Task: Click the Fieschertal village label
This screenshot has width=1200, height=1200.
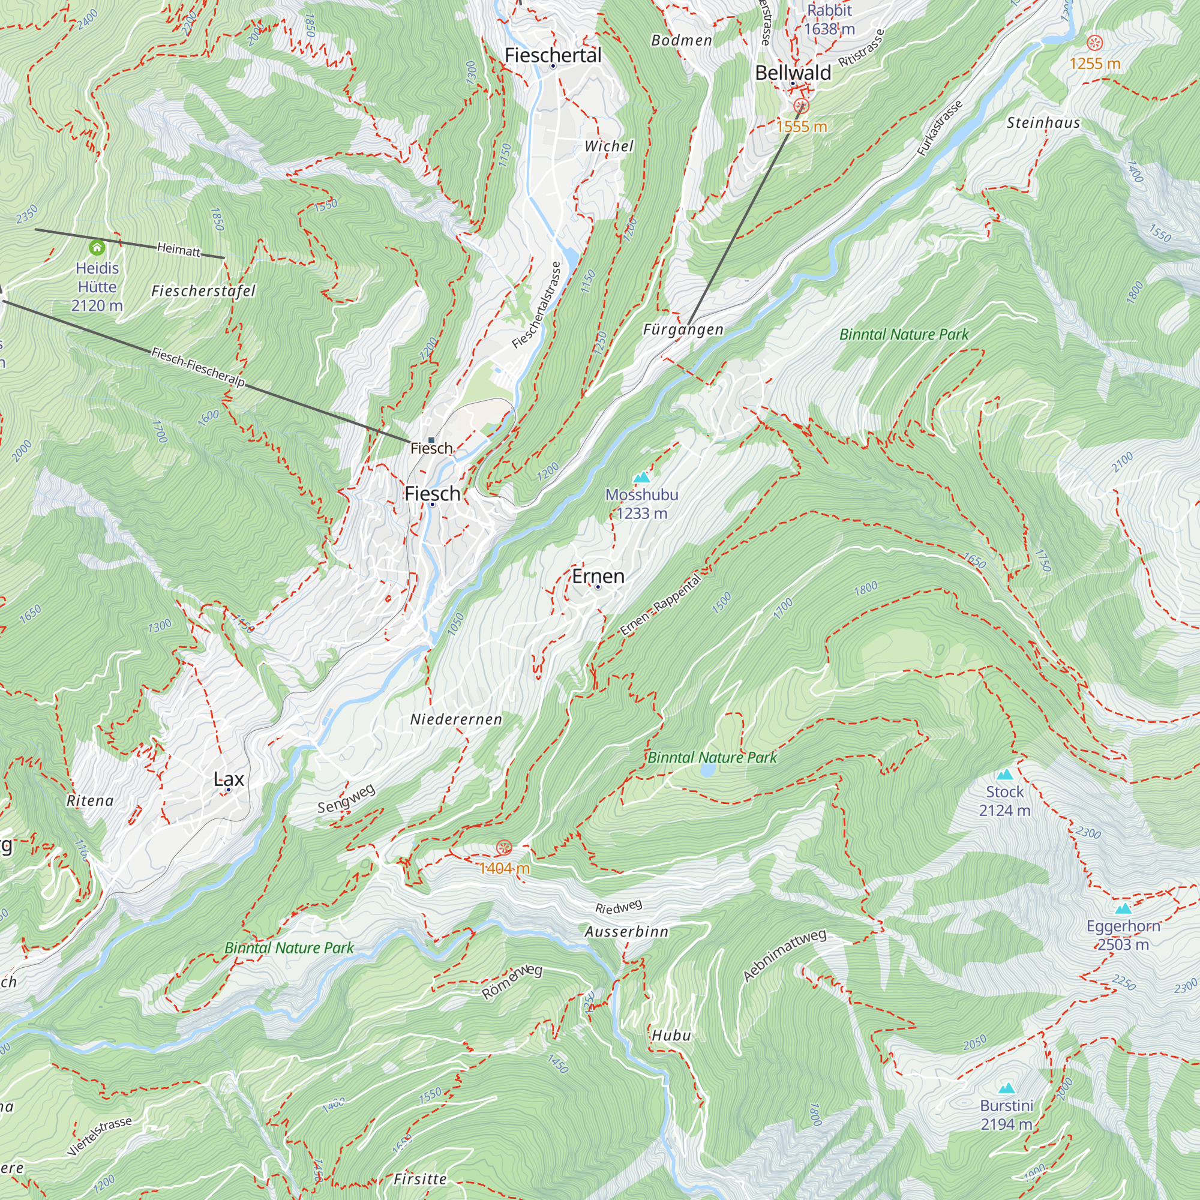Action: (x=553, y=55)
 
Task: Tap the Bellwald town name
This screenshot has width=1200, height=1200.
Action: (x=793, y=73)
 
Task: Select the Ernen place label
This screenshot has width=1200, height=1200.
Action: (x=598, y=576)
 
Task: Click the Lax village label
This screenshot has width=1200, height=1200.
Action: (x=229, y=779)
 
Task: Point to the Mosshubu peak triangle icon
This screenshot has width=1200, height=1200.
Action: (x=641, y=477)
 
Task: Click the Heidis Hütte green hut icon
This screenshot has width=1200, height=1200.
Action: (x=97, y=248)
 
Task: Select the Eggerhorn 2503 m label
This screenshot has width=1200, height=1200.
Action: (x=1123, y=935)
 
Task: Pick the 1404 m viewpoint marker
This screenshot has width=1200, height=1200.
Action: (x=504, y=847)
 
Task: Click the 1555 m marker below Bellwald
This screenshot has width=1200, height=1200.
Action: (x=801, y=106)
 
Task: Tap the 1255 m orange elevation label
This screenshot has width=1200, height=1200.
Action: (x=1094, y=64)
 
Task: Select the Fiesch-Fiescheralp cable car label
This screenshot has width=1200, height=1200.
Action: (x=198, y=367)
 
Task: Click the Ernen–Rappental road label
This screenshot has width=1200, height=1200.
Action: (x=660, y=604)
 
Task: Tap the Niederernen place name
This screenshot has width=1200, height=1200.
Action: (x=456, y=719)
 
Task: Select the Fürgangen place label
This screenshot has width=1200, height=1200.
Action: (x=683, y=329)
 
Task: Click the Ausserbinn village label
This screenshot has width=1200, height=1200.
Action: (x=626, y=932)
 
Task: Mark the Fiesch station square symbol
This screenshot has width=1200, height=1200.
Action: (x=431, y=440)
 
